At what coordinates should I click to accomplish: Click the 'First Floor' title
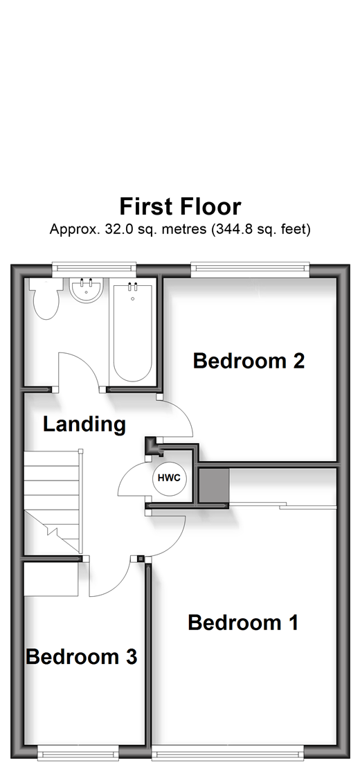[180, 207]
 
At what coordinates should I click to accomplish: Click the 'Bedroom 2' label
[249, 361]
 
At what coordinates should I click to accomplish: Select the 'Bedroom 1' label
[243, 623]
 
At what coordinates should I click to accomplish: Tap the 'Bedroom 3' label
[81, 656]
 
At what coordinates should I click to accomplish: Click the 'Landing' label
[84, 424]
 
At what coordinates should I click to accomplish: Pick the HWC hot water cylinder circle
[170, 478]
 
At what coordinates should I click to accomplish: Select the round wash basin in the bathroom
[86, 290]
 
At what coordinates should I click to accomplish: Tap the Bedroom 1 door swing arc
[177, 541]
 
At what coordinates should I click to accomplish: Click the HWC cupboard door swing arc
[123, 478]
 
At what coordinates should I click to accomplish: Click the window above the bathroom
[94, 268]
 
